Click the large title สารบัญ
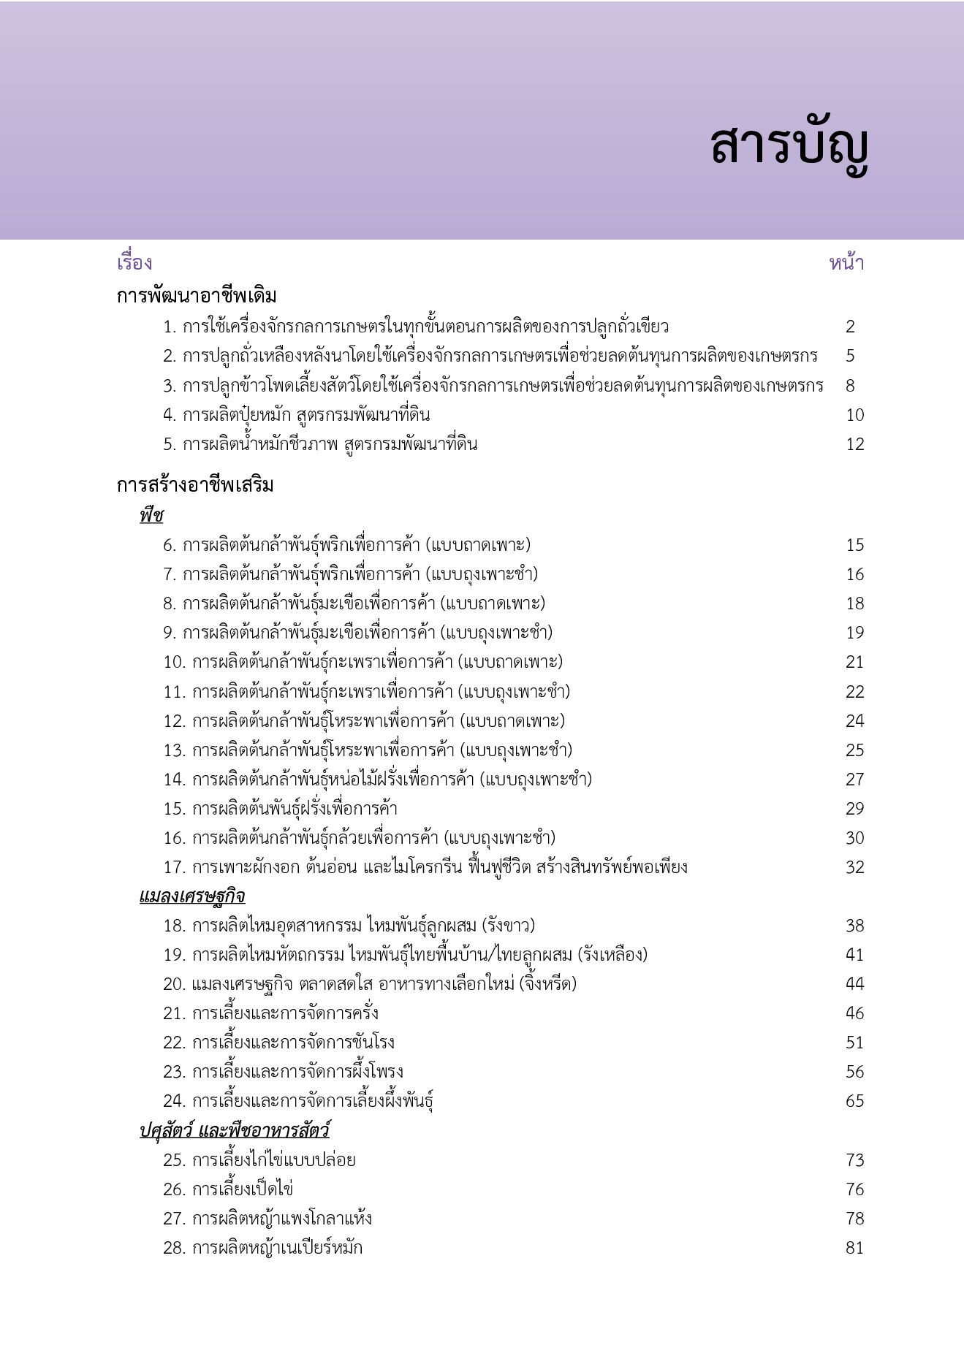(x=789, y=147)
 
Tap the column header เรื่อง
(x=134, y=263)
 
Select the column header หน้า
(x=846, y=263)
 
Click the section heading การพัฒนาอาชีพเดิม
(x=197, y=297)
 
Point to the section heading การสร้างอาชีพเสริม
(x=195, y=486)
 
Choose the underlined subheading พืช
(x=151, y=516)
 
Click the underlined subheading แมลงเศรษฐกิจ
(x=192, y=896)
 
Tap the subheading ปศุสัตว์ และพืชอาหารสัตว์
(x=235, y=1131)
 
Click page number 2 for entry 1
(x=850, y=327)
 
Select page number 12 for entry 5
(x=854, y=444)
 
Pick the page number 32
(x=854, y=867)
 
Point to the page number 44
(x=854, y=984)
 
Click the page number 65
(x=854, y=1101)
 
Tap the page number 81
(x=854, y=1248)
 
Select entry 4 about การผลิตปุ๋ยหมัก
(x=296, y=415)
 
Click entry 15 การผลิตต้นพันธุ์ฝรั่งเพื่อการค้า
(x=280, y=809)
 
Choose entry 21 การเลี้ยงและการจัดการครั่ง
(x=270, y=1013)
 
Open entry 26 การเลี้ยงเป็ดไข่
(x=228, y=1189)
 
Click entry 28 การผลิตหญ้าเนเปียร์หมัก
(x=262, y=1248)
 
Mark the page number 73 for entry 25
(x=854, y=1160)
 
